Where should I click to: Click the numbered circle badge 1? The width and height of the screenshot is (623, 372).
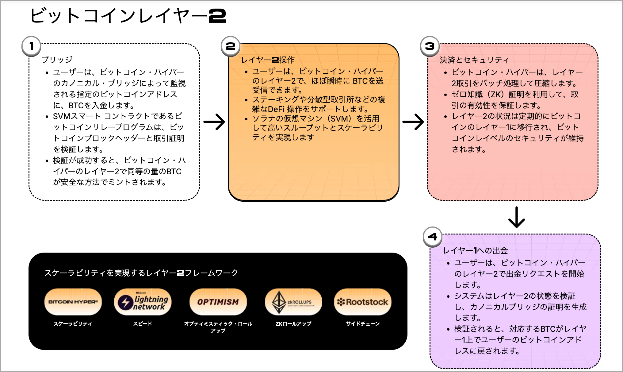[31, 46]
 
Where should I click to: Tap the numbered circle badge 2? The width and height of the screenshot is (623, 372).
[231, 46]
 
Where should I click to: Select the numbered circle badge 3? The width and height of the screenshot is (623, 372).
[430, 46]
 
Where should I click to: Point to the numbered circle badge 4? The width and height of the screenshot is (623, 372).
[433, 237]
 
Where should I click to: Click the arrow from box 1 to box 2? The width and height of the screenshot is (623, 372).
[214, 122]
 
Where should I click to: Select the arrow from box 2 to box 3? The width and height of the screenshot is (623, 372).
[413, 122]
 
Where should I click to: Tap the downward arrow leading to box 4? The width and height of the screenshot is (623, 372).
[517, 217]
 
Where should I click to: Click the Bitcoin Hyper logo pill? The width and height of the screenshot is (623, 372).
[73, 302]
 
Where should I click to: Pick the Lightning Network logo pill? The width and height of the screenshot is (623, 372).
[143, 302]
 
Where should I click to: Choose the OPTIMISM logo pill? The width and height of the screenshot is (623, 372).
[218, 302]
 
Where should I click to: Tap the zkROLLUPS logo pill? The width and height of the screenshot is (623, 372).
[293, 302]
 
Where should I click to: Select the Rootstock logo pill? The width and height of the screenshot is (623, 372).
[363, 302]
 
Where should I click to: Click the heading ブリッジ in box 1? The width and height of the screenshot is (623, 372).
[57, 60]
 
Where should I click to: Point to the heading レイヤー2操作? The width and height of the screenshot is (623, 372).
[268, 60]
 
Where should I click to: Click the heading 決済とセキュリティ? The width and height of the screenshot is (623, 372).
[474, 60]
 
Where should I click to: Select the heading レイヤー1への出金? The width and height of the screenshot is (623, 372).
[475, 250]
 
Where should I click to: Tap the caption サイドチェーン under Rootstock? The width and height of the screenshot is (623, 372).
[363, 324]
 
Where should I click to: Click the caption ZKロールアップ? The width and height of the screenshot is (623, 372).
[293, 324]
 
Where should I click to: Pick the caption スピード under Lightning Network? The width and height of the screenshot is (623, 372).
[143, 324]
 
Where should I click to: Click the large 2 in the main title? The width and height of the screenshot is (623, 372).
[217, 16]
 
